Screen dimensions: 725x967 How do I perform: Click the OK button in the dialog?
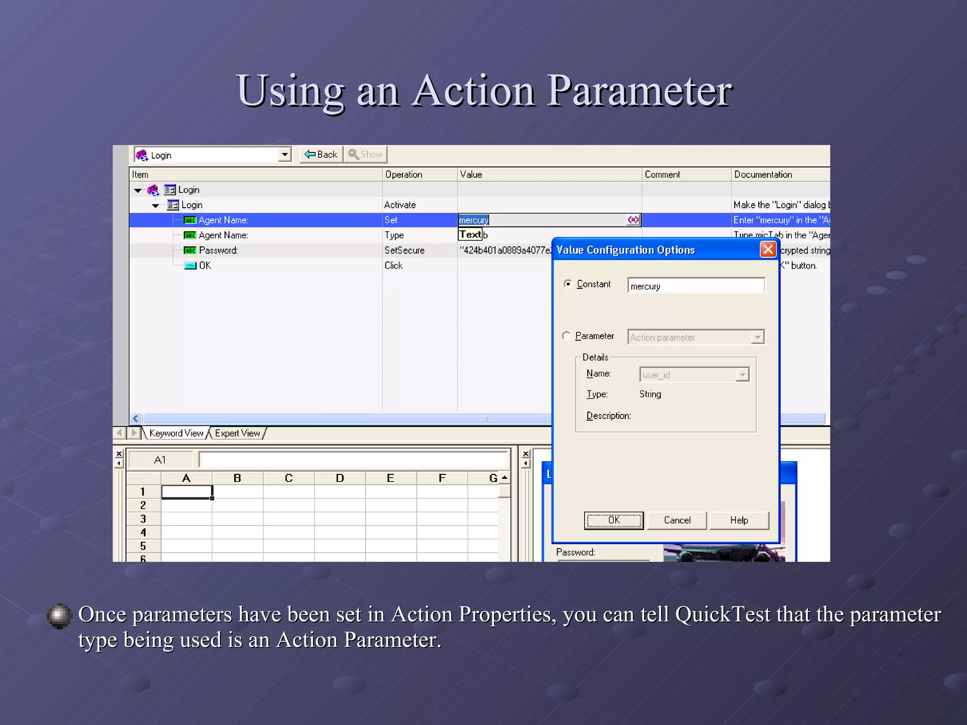(613, 520)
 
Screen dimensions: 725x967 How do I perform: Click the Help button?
(738, 520)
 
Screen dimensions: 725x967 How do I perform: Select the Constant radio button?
(568, 284)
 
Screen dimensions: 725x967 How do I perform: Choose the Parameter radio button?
(567, 336)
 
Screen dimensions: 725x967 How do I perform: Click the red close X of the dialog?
(768, 249)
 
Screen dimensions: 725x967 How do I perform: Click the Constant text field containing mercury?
(696, 286)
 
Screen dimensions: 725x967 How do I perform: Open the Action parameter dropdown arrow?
(757, 337)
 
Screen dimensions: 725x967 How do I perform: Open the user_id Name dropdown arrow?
(742, 375)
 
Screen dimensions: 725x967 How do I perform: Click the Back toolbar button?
(321, 154)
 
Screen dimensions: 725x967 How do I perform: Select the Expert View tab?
(237, 433)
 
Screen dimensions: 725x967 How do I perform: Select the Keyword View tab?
(176, 433)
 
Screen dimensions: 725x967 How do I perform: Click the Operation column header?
(404, 175)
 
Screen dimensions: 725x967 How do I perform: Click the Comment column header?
(662, 175)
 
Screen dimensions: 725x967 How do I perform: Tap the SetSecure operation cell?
(405, 251)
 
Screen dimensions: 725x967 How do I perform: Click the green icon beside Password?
(190, 251)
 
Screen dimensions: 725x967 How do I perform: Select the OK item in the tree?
(205, 266)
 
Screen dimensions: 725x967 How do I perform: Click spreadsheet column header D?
(339, 478)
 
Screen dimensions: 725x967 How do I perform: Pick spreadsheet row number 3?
(143, 519)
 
